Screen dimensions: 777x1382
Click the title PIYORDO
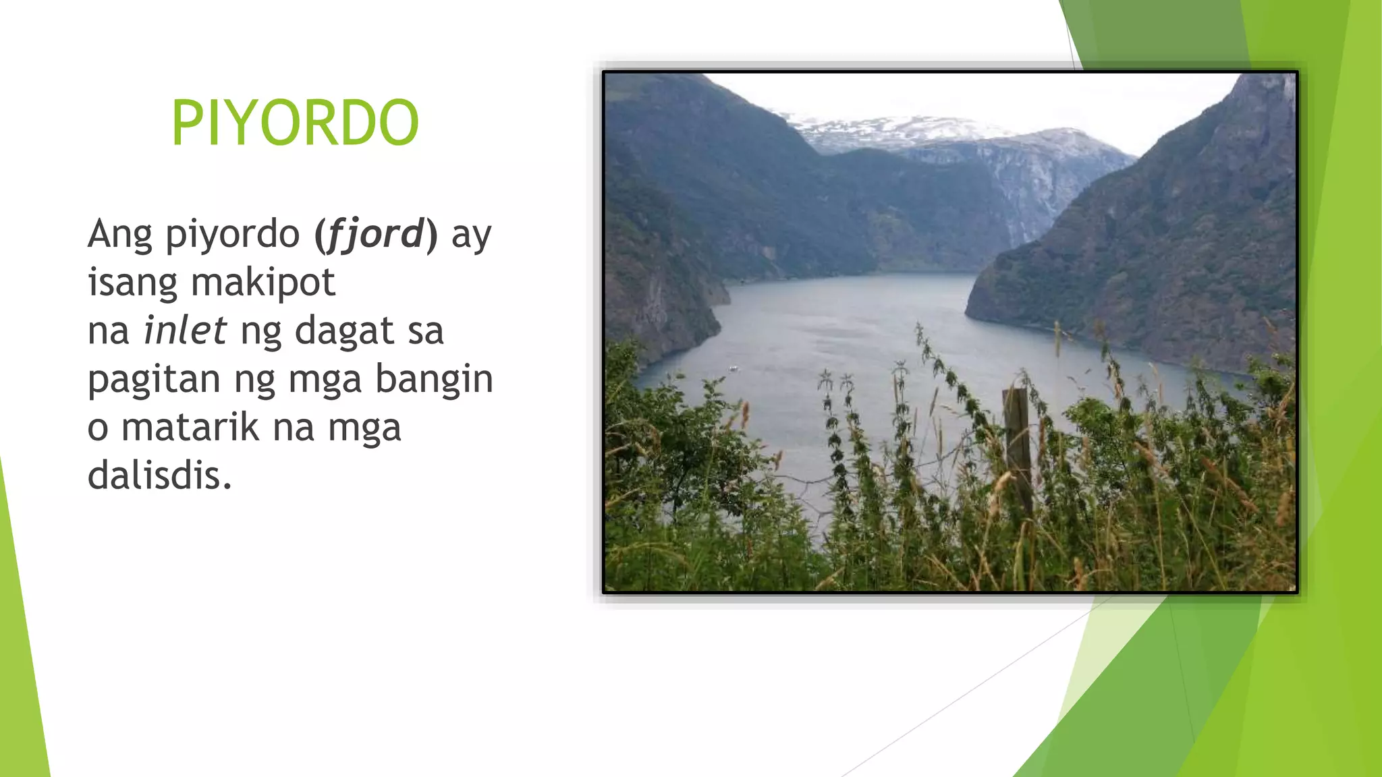tap(295, 123)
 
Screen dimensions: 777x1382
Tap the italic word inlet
tap(185, 330)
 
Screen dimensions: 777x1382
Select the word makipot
tap(262, 282)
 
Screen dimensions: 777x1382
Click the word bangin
tap(434, 379)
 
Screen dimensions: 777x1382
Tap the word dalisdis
tap(159, 476)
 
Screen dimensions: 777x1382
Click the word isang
tap(132, 283)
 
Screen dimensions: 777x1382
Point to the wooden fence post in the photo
tap(1018, 445)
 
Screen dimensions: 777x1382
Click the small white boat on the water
tap(734, 368)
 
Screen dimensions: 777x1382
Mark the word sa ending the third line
tap(426, 330)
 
